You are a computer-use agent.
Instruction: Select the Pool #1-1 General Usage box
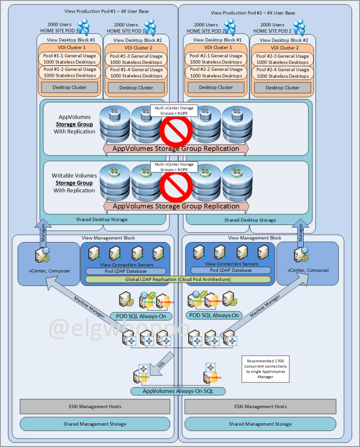69,59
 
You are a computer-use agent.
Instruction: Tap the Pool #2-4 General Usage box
282,73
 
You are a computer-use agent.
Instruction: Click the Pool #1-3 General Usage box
136,59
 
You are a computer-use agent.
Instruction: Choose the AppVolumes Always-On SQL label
178,391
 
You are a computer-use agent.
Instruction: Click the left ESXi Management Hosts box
95,407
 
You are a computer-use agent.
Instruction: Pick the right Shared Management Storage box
260,424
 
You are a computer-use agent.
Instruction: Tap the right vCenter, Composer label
308,270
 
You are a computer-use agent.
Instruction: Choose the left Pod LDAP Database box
126,271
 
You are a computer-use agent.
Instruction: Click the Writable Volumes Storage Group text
74,183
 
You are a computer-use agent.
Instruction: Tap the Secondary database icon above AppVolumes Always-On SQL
211,375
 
